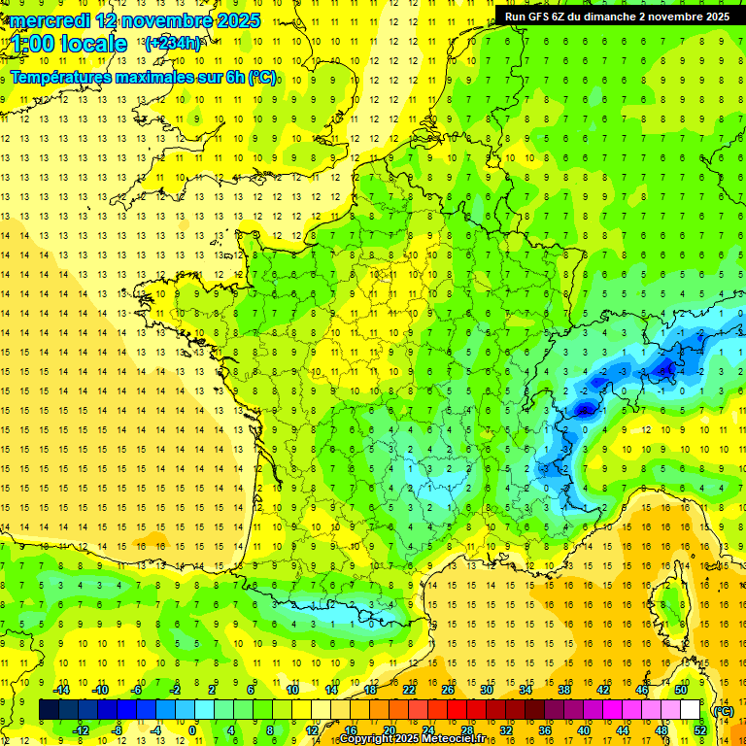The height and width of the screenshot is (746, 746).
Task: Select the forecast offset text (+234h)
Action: pyautogui.click(x=173, y=43)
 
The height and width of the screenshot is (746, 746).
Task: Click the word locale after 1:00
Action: pyautogui.click(x=92, y=44)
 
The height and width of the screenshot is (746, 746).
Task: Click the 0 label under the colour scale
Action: pyautogui.click(x=192, y=730)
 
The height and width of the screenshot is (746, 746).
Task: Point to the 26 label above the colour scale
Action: pyautogui.click(x=448, y=690)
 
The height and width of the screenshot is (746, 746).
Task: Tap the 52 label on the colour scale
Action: pyautogui.click(x=700, y=730)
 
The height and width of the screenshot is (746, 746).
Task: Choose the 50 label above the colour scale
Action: pyautogui.click(x=681, y=690)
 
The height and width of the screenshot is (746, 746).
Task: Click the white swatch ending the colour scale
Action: pyautogui.click(x=690, y=710)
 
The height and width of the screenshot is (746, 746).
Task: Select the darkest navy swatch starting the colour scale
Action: pyautogui.click(x=49, y=710)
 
